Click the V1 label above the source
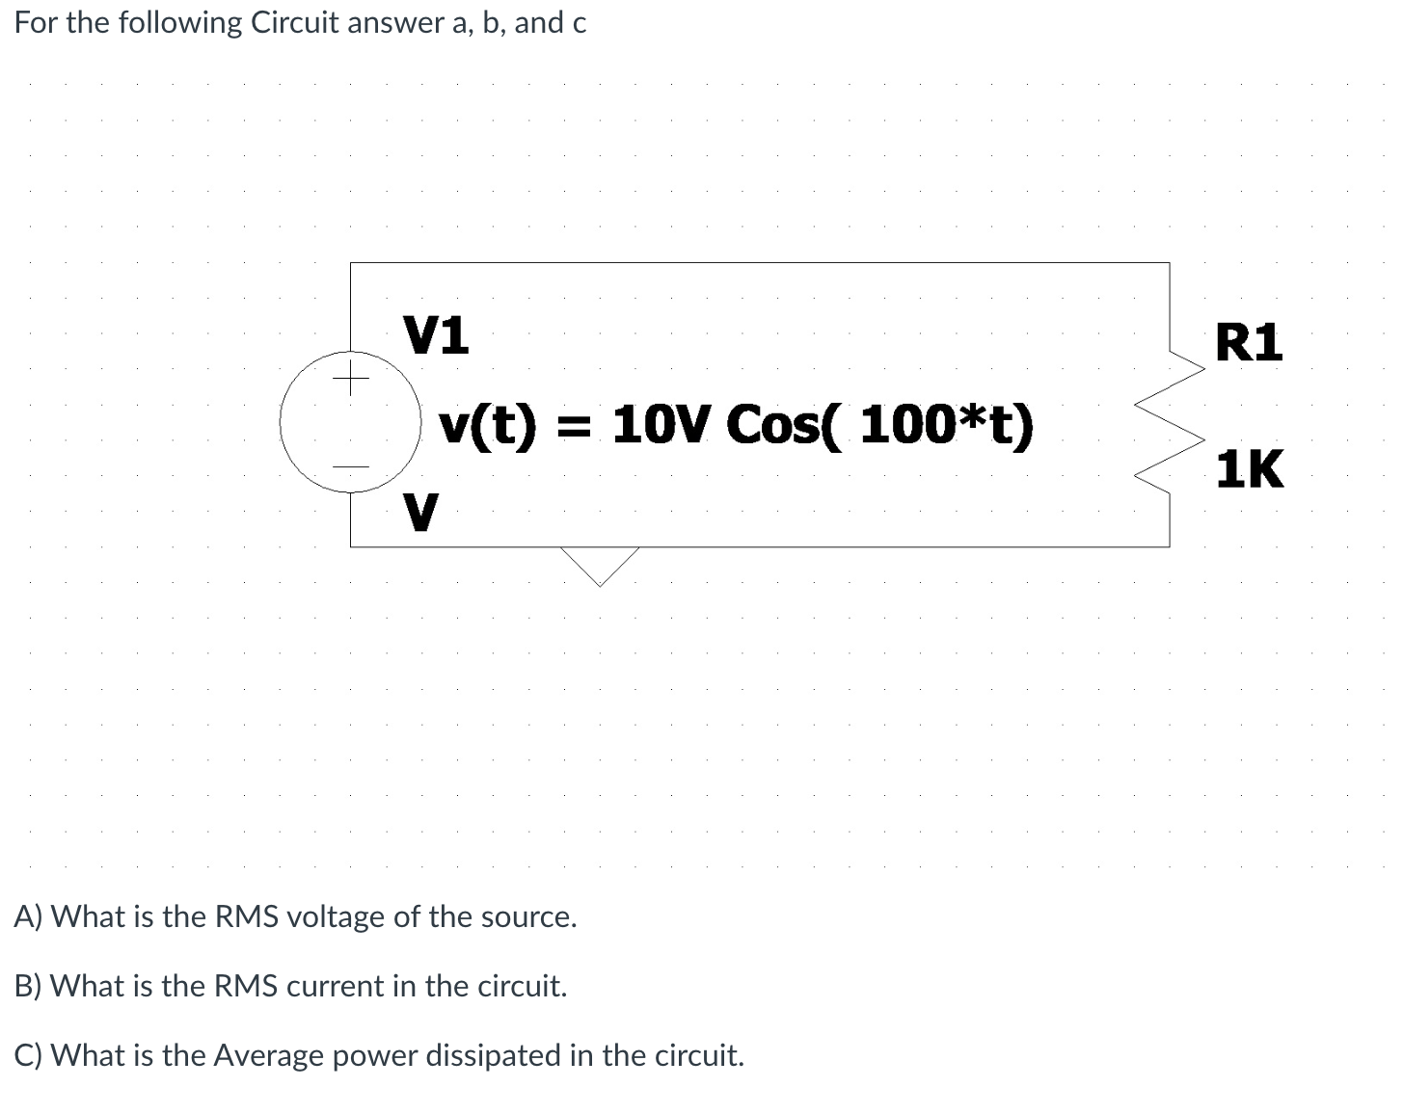[x=436, y=335]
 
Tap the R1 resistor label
[x=1249, y=343]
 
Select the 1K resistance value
[x=1249, y=470]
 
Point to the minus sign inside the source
[x=351, y=468]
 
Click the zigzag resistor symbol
[x=1171, y=424]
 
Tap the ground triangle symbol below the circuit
[x=600, y=565]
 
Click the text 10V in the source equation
[x=660, y=425]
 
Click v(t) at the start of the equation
[x=486, y=425]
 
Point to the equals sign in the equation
[x=574, y=426]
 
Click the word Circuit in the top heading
[x=294, y=23]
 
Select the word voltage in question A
[x=334, y=916]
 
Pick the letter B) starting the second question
[x=29, y=986]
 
